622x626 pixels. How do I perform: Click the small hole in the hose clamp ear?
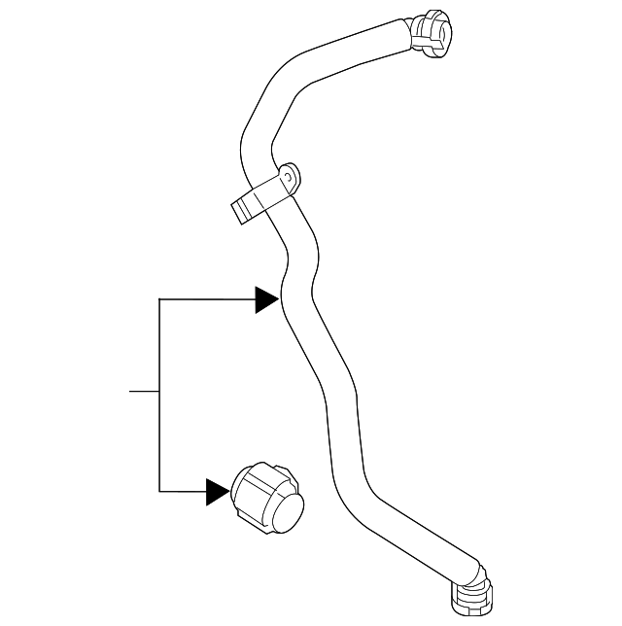pyautogui.click(x=288, y=178)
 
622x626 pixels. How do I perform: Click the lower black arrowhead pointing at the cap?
pyautogui.click(x=219, y=491)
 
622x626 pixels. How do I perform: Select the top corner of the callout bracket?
pyautogui.click(x=159, y=299)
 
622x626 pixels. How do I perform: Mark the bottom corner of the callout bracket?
pyautogui.click(x=159, y=491)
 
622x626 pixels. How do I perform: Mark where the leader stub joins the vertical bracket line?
pyautogui.click(x=159, y=392)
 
